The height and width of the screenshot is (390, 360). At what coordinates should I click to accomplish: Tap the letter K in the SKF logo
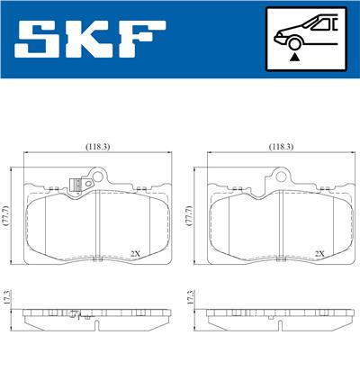pyautogui.click(x=93, y=40)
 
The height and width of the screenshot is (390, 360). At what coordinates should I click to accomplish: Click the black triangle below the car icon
pyautogui.click(x=294, y=56)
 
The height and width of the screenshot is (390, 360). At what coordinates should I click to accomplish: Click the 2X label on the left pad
pyautogui.click(x=135, y=253)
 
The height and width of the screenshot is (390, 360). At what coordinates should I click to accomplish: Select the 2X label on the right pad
pyautogui.click(x=319, y=253)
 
